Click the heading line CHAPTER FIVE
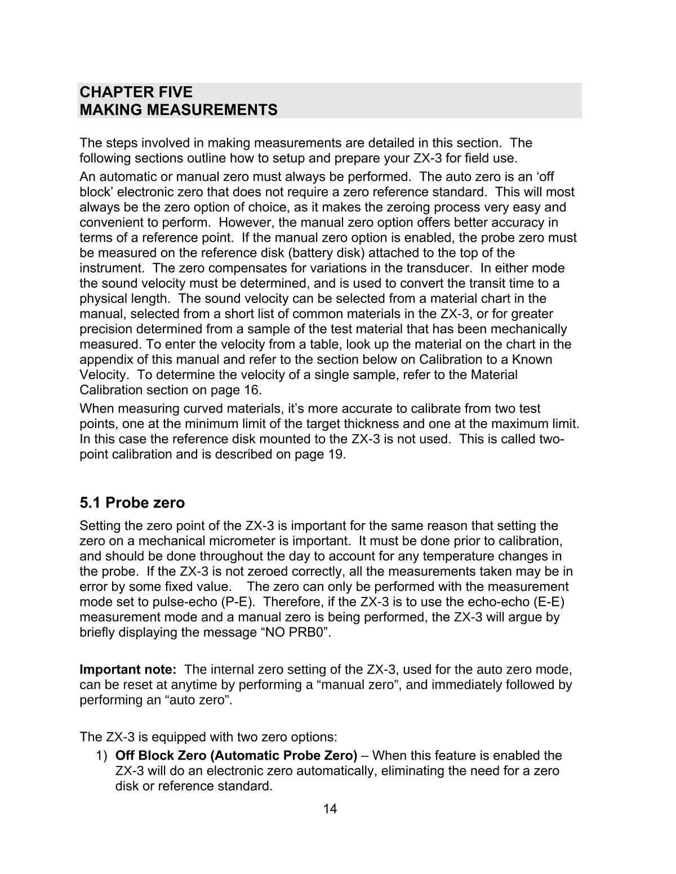point(136,92)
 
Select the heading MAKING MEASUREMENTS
point(179,110)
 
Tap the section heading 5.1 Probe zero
point(132,502)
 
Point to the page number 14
point(330,809)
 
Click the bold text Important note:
point(128,670)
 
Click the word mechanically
point(530,329)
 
